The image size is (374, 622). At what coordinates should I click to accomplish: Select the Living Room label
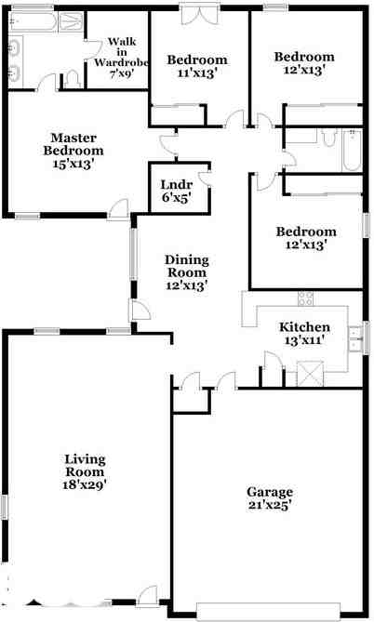(x=85, y=466)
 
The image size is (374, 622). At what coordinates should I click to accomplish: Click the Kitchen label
(x=304, y=327)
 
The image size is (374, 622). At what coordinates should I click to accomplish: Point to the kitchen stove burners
(x=304, y=298)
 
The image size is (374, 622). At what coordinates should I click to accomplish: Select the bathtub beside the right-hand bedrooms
(x=352, y=152)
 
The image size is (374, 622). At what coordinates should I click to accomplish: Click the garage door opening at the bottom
(x=275, y=610)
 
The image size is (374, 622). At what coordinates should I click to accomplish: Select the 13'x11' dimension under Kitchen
(x=304, y=341)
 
